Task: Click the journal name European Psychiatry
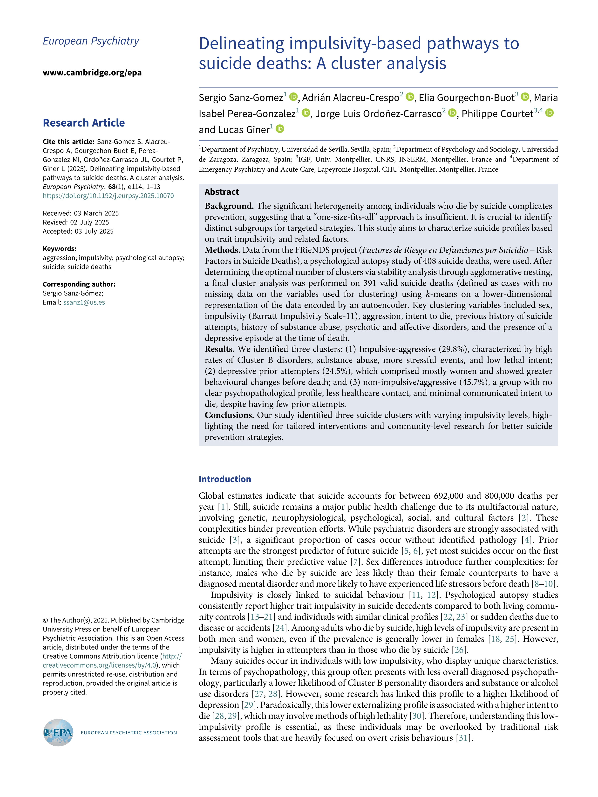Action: [91, 41]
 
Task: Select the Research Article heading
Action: [84, 123]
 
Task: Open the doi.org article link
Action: [108, 196]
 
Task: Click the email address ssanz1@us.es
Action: [84, 302]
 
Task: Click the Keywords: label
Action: [60, 249]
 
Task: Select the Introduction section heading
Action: [224, 479]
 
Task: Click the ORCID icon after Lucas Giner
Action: [280, 129]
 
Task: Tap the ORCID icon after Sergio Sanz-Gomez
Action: [293, 97]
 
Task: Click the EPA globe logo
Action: [58, 732]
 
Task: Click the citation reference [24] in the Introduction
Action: [279, 628]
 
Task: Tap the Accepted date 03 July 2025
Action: [94, 231]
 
